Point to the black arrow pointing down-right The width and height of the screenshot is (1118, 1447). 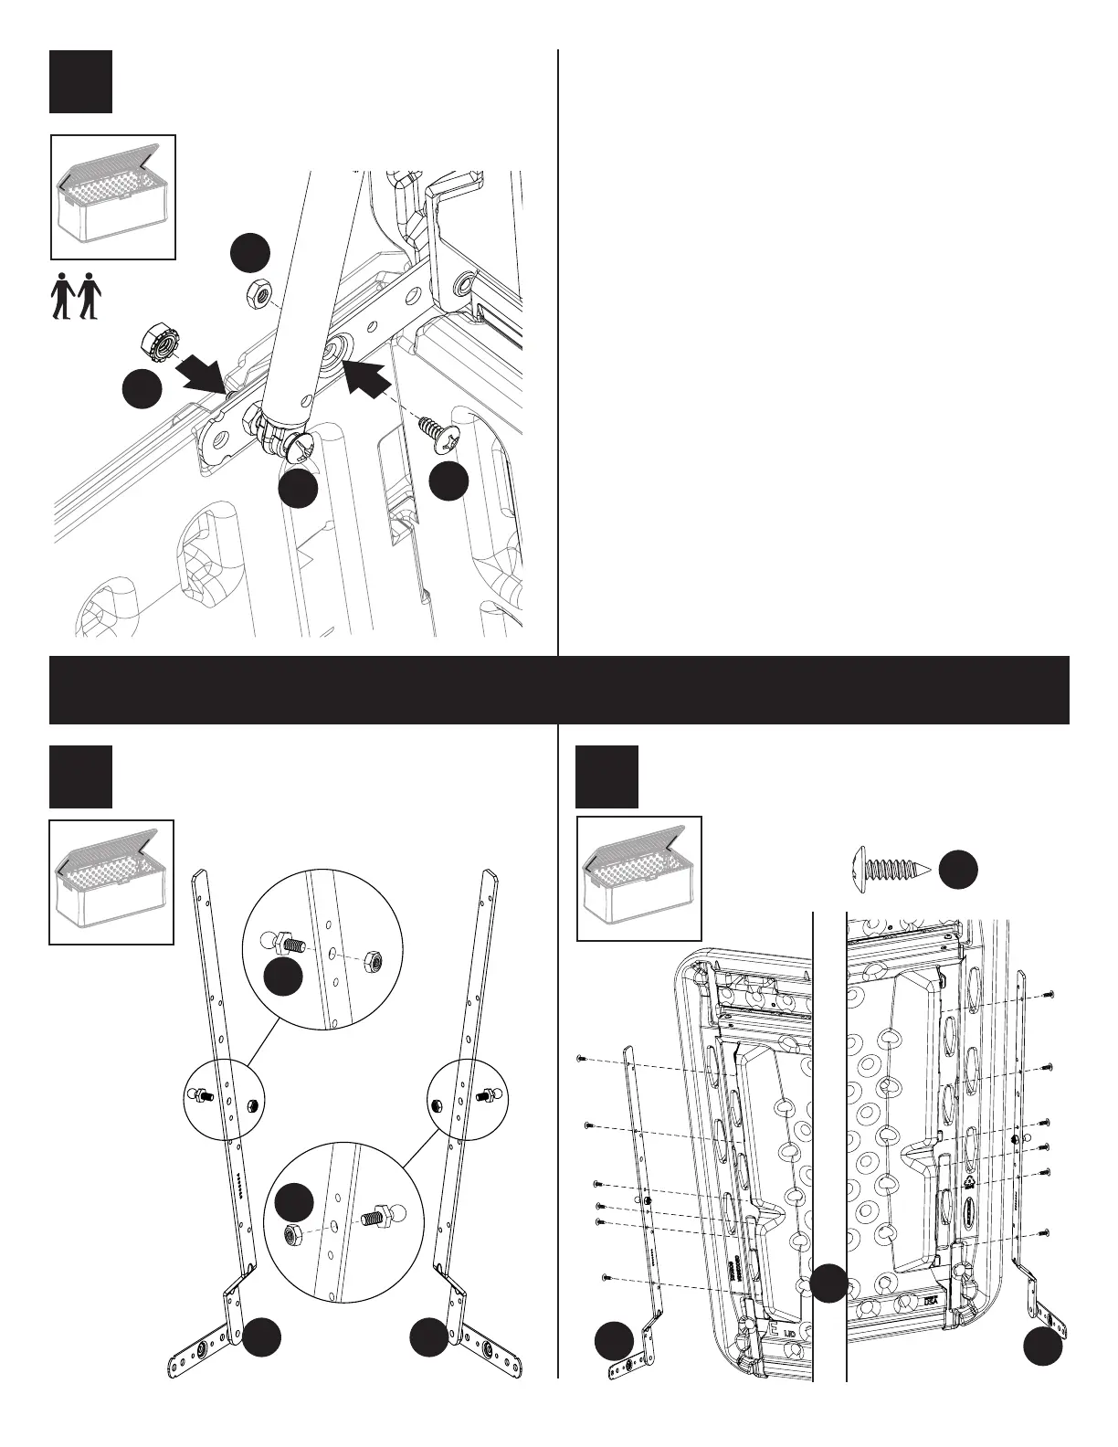point(202,372)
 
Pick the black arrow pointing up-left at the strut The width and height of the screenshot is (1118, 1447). point(370,377)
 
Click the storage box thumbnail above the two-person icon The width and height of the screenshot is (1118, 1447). point(112,196)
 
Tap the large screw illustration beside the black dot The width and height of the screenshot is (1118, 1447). point(891,869)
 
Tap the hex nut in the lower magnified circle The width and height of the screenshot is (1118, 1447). point(294,1234)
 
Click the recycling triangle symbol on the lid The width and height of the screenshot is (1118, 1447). point(969,1180)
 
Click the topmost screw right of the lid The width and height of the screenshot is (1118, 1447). point(1049,993)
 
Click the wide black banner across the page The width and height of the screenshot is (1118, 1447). point(558,690)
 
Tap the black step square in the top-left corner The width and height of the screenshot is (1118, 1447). point(80,81)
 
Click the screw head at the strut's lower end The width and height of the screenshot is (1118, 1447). point(299,447)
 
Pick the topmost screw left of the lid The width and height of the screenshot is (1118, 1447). point(581,1059)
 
